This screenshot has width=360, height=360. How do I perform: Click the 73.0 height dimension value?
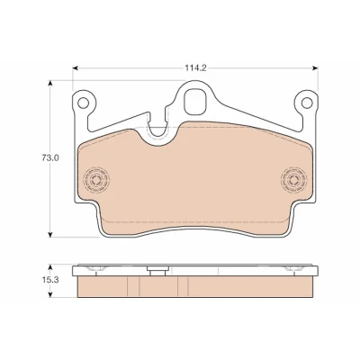point(50,158)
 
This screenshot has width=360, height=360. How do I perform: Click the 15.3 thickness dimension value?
point(50,280)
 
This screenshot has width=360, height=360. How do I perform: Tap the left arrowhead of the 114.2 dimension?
point(76,68)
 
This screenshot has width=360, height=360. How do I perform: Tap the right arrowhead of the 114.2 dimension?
point(315,68)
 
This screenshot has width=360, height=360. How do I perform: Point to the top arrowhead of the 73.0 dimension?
point(50,83)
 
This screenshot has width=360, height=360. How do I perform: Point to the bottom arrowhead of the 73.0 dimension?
point(50,234)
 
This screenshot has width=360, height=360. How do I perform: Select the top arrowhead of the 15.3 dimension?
point(50,267)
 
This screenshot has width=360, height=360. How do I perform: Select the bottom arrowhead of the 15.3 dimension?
point(50,294)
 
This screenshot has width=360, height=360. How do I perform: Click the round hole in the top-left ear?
point(83,103)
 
